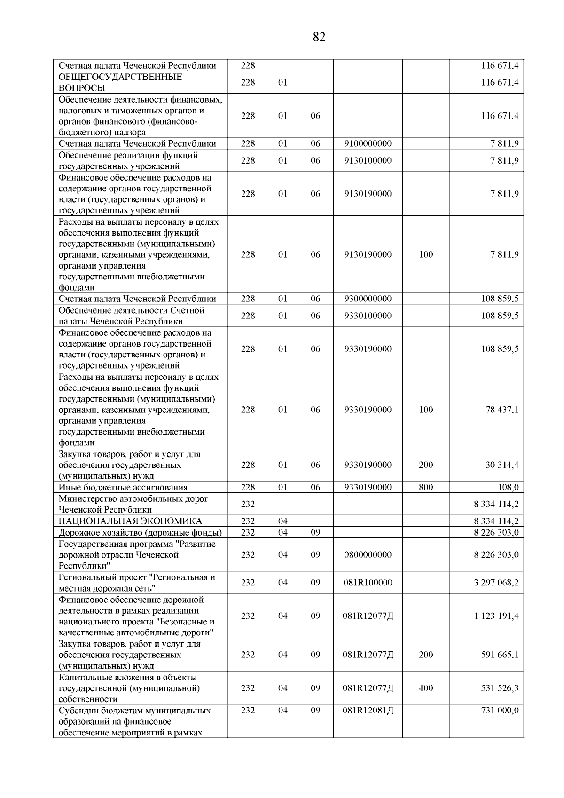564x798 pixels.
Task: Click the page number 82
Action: (319, 37)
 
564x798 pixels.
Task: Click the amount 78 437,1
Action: (502, 410)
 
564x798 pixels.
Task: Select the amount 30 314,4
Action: (502, 465)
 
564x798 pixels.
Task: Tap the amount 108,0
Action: (508, 488)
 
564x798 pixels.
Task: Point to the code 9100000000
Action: (368, 144)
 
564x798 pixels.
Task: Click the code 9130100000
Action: (368, 161)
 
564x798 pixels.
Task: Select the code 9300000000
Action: (368, 299)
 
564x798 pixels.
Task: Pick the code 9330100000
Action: (368, 316)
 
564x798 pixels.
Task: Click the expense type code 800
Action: (426, 488)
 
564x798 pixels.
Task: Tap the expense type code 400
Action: (426, 688)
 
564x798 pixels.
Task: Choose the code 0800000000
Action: (368, 555)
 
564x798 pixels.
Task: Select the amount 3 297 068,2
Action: (496, 583)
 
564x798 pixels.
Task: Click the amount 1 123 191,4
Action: (496, 616)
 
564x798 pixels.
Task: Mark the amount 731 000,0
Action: (500, 711)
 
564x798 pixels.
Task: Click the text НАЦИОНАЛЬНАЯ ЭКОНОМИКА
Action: (130, 521)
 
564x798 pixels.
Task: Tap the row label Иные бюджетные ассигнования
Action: (123, 488)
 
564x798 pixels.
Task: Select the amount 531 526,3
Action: (500, 688)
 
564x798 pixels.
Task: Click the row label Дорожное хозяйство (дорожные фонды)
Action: (140, 533)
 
